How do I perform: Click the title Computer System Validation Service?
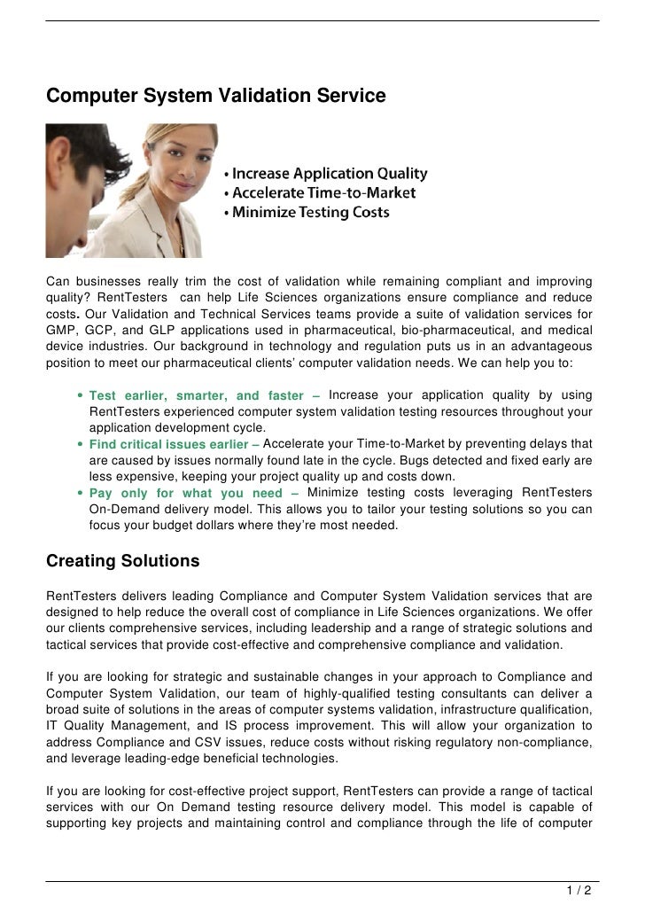216,94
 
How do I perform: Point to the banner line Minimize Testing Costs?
306,213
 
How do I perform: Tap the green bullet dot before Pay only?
81,493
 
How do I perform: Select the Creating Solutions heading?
123,562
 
